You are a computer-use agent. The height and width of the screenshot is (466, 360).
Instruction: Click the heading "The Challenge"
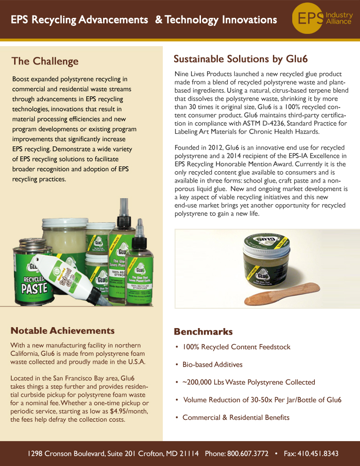(x=45, y=61)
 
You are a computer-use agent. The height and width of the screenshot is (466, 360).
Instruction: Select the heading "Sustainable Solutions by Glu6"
(x=240, y=59)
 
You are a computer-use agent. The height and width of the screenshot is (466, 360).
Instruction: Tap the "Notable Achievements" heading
(x=63, y=330)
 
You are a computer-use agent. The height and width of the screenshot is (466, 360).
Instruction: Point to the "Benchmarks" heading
(x=203, y=331)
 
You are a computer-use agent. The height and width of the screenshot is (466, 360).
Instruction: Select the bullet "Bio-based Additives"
(x=212, y=365)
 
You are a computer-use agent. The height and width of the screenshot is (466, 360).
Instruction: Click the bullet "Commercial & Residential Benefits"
(x=236, y=418)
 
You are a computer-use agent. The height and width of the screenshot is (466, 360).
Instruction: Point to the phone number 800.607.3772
(x=248, y=454)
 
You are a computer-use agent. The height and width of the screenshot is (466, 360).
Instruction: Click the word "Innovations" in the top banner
(x=249, y=20)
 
